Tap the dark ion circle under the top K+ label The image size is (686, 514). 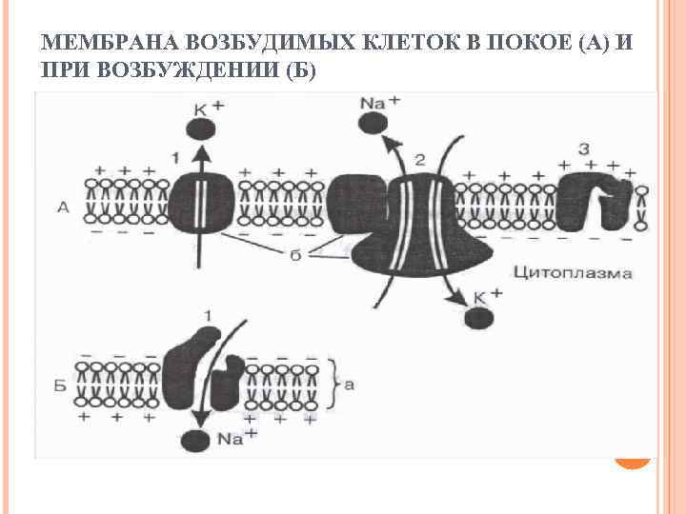point(203,130)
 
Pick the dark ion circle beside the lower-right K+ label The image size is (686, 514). point(477,318)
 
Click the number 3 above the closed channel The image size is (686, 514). point(583,148)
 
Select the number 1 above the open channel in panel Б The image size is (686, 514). point(208,314)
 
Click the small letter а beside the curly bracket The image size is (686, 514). point(349,385)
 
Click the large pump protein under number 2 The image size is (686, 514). point(419,219)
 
